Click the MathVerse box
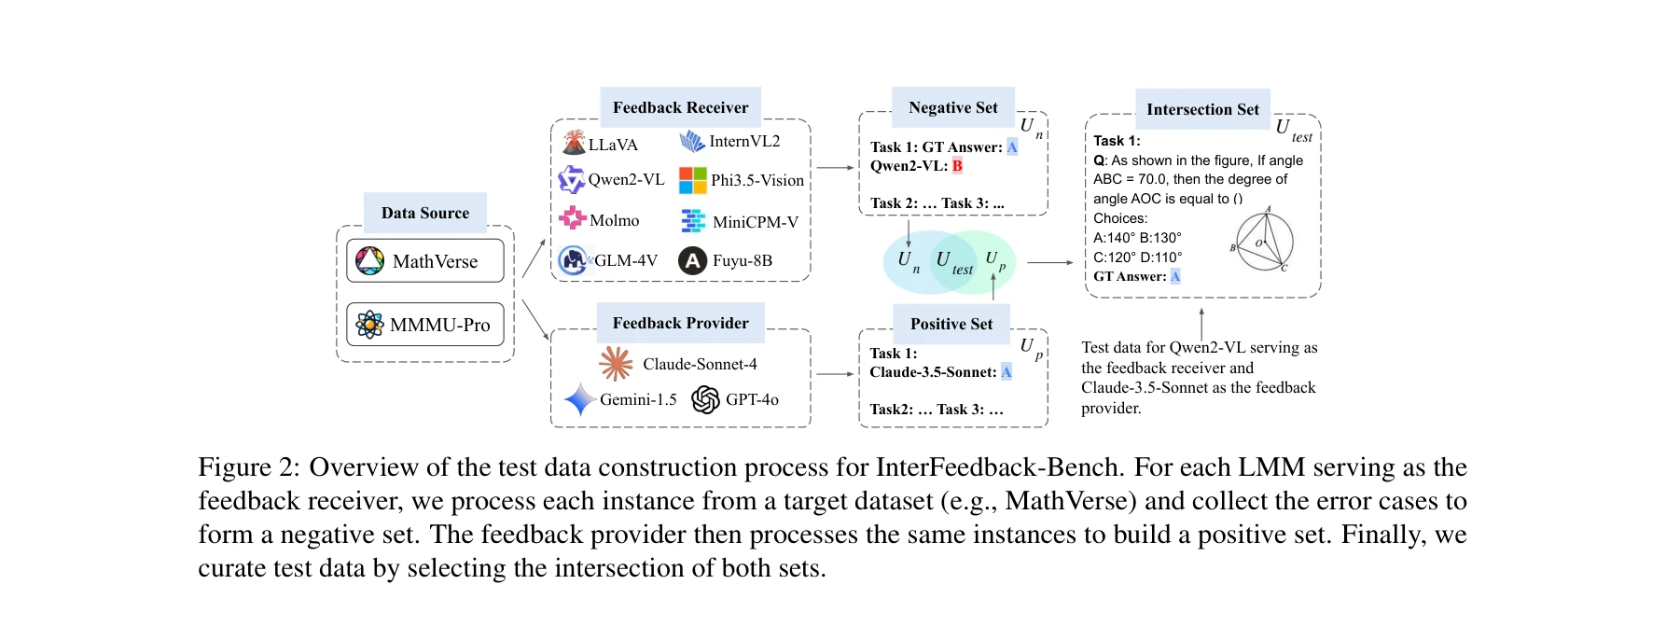click(x=425, y=261)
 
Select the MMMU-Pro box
click(x=425, y=325)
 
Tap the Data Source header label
click(x=425, y=213)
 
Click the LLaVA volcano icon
click(x=574, y=143)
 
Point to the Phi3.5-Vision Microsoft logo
click(x=692, y=180)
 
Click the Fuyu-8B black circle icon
click(x=692, y=260)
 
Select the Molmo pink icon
click(x=573, y=219)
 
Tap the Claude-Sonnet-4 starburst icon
click(x=616, y=364)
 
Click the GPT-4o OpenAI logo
click(x=706, y=399)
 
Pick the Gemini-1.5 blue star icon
click(x=579, y=399)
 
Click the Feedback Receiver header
click(x=680, y=107)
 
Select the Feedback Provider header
click(x=680, y=323)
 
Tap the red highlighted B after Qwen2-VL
click(x=957, y=166)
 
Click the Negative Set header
click(x=952, y=107)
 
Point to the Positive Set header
click(x=951, y=324)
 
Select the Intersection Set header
click(x=1202, y=109)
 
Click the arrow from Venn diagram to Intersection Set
click(x=1049, y=263)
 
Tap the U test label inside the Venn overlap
click(x=952, y=262)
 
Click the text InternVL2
click(x=744, y=141)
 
